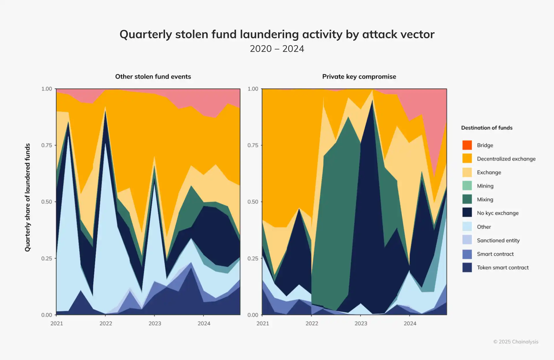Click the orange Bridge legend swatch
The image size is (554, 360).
click(x=467, y=145)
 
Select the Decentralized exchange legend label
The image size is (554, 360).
click(x=506, y=159)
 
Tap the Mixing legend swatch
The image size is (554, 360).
click(x=467, y=199)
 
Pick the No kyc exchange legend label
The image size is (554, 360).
click(x=497, y=213)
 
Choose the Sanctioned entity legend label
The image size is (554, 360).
click(x=498, y=240)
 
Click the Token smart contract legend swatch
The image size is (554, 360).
click(x=467, y=267)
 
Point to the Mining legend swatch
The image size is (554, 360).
click(x=467, y=186)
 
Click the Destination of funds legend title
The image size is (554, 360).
click(x=487, y=128)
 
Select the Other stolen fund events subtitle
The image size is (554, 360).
click(x=153, y=76)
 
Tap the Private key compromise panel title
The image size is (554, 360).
click(x=359, y=76)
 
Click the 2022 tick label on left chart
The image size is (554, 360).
click(x=106, y=323)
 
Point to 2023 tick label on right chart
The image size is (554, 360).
click(x=361, y=323)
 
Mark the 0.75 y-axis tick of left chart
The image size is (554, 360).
click(x=46, y=145)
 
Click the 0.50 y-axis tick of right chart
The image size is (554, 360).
click(x=253, y=202)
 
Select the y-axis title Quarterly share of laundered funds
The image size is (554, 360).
click(x=27, y=198)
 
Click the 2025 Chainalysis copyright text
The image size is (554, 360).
click(x=516, y=342)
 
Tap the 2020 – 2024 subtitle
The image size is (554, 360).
click(x=277, y=49)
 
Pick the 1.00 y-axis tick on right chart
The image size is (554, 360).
click(x=253, y=89)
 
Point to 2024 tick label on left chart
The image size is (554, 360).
click(x=204, y=323)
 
